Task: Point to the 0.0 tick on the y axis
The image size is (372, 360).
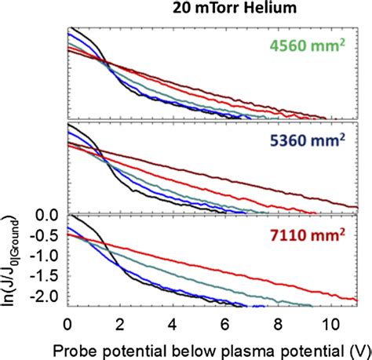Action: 49,215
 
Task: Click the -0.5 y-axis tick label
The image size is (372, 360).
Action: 47,235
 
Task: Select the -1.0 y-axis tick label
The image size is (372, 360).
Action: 47,256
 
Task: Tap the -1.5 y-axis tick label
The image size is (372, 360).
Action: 47,277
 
